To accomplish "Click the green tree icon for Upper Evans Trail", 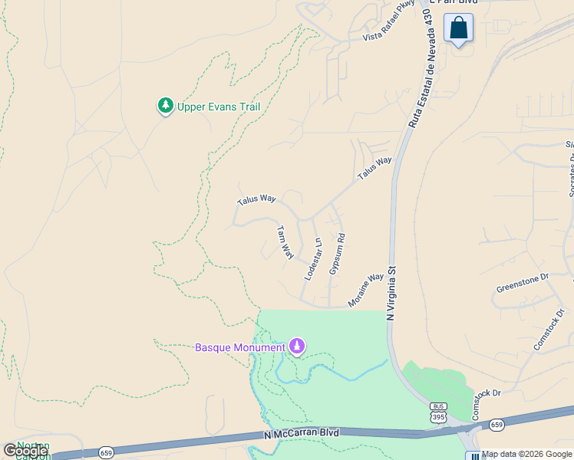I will (x=165, y=106).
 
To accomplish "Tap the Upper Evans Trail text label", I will (x=219, y=107).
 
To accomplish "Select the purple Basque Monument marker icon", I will (x=297, y=347).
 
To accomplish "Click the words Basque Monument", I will (x=239, y=347).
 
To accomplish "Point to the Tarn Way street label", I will (x=285, y=242).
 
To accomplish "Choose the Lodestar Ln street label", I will (x=313, y=258).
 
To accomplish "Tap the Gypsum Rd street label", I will (x=337, y=254).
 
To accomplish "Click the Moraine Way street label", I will (x=365, y=291).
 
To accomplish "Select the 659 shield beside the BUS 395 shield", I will (x=496, y=424).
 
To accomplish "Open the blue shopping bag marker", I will (x=458, y=28).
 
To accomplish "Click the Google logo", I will (x=25, y=451).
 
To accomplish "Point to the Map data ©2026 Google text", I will (x=526, y=454).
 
